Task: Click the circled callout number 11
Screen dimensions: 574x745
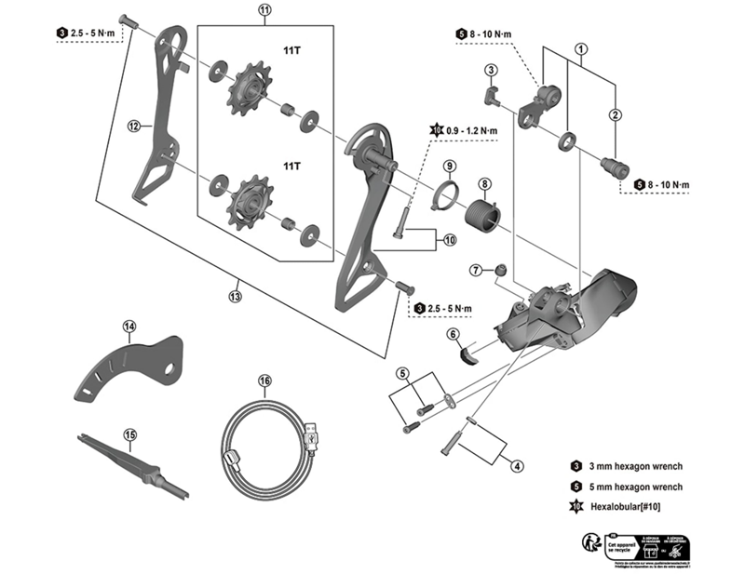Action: click(264, 11)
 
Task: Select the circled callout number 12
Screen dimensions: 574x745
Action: click(133, 126)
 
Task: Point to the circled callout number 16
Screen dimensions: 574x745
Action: click(265, 381)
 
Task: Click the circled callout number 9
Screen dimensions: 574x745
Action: click(448, 166)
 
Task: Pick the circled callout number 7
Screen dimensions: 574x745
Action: click(477, 270)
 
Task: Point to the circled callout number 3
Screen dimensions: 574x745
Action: click(490, 70)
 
